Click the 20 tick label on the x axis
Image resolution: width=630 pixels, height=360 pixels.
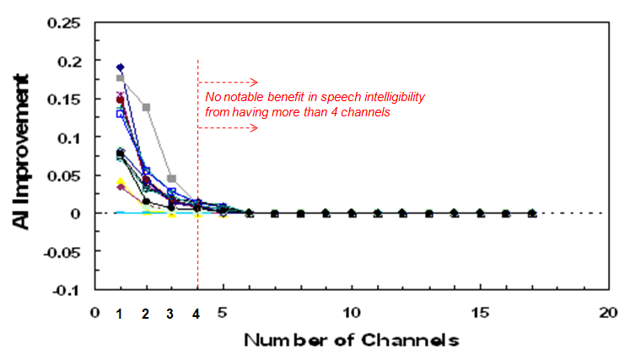coord(608,311)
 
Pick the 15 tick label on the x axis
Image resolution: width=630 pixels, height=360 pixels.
coord(480,311)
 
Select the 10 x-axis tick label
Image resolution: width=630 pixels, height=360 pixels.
coord(352,311)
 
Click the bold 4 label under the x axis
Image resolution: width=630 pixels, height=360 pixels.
coord(197,314)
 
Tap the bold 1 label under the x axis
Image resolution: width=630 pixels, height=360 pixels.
coord(120,314)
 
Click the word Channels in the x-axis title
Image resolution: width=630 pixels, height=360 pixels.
coord(415,341)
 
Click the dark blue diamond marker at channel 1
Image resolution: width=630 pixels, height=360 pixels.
coord(121,67)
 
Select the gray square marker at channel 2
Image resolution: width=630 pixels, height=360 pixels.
coord(146,107)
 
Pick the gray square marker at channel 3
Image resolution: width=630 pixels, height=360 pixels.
coord(172,179)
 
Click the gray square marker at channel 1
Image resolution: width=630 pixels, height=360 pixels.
coord(121,78)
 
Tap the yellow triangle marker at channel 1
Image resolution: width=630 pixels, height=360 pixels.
coord(121,182)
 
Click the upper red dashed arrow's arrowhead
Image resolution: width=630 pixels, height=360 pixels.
coord(254,83)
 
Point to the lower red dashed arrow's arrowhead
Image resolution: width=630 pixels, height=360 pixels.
coord(254,128)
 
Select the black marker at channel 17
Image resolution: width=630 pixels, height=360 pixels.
coord(531,214)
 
